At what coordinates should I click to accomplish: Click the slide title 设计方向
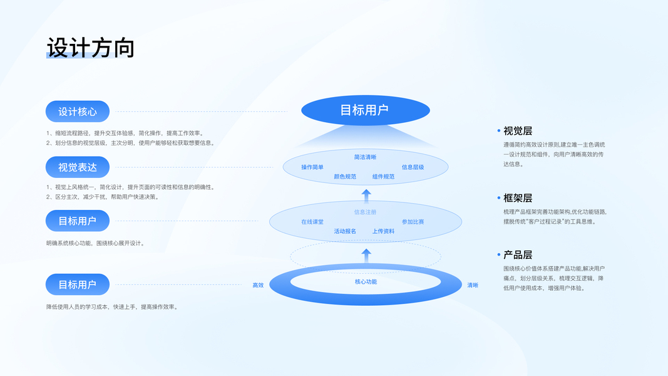pos(91,48)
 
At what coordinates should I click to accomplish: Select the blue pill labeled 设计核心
pos(78,112)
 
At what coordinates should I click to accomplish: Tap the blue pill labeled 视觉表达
pos(78,167)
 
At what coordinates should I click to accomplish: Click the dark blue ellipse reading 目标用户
pos(365,110)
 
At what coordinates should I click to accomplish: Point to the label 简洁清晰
pos(365,157)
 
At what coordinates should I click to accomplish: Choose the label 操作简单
pos(312,167)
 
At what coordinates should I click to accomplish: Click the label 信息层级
pos(413,167)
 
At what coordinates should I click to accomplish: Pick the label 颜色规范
pos(345,177)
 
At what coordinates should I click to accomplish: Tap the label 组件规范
pos(383,177)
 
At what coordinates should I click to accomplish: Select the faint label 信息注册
pos(365,212)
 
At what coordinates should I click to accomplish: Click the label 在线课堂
pos(312,222)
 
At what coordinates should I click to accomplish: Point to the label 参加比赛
pos(413,222)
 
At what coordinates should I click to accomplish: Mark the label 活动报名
pos(345,231)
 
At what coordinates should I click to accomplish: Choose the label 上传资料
pos(383,231)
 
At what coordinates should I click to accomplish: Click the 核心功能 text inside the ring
pos(366,282)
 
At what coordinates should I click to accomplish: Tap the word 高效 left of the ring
pos(258,285)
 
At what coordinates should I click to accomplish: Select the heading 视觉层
pos(518,131)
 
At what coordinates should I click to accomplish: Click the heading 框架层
pos(518,198)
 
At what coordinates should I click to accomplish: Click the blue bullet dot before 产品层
pos(499,255)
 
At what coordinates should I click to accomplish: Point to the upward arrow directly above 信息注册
pos(367,194)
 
